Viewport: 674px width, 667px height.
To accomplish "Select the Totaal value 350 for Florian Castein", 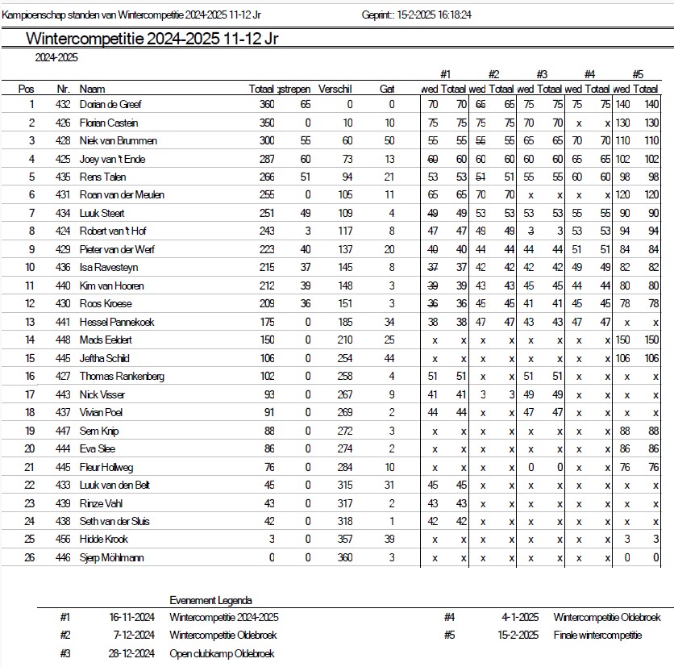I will point(266,123).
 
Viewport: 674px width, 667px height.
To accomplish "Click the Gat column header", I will point(387,89).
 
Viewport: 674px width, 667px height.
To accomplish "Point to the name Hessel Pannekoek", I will point(117,322).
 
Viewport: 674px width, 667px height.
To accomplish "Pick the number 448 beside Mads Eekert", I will point(64,340).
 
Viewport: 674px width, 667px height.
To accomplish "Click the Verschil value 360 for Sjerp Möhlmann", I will point(344,557).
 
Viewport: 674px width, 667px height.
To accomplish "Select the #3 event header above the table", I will point(541,74).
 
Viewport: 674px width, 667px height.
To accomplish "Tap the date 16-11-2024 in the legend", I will point(131,617).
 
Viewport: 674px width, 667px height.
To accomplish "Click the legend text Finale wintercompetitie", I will point(597,635).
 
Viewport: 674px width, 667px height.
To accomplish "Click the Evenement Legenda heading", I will point(210,600).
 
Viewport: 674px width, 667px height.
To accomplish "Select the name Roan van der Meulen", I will point(120,195).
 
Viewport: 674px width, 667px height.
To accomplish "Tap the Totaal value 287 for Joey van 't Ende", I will point(266,159).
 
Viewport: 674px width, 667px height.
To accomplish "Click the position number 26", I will point(30,557).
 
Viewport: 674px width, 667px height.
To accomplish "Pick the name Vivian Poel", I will point(101,412).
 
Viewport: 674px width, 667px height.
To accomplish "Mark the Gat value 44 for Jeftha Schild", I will point(389,358).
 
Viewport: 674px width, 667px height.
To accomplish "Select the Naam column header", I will point(93,89).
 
